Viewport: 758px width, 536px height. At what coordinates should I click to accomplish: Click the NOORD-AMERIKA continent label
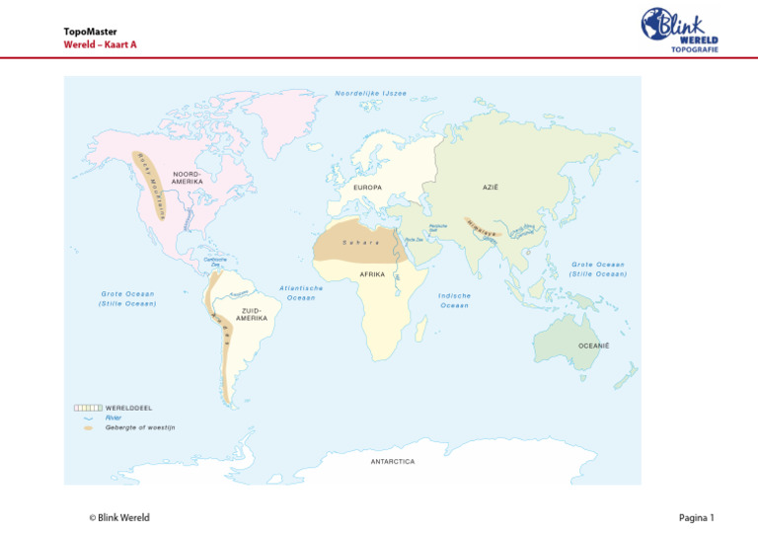click(188, 178)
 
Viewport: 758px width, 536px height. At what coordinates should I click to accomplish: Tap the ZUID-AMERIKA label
click(252, 314)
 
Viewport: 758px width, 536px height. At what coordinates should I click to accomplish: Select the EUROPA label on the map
click(367, 187)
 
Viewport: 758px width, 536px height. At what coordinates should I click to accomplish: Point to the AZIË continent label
click(491, 187)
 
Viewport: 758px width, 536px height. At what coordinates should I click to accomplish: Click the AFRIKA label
click(372, 273)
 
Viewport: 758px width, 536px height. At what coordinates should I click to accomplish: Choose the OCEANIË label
click(593, 345)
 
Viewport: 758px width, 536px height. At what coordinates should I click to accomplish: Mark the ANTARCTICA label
click(393, 461)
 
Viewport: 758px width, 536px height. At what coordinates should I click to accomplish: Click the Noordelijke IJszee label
click(370, 94)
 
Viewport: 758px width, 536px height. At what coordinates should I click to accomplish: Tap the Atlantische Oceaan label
click(301, 293)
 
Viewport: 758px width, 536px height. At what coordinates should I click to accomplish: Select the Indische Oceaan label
click(454, 300)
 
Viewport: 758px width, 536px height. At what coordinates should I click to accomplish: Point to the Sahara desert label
click(360, 242)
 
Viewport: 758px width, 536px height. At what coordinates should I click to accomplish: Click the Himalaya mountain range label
click(481, 231)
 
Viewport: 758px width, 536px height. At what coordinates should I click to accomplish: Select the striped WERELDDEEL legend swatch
click(87, 407)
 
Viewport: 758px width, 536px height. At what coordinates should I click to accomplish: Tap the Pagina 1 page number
click(696, 517)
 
